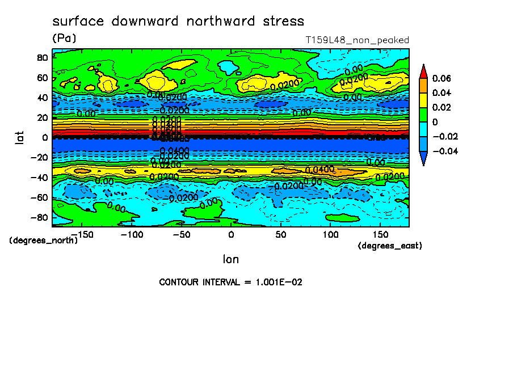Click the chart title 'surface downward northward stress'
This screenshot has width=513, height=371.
coord(178,22)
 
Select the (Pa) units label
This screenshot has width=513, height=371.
coord(64,39)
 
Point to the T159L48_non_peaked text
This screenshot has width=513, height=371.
coord(357,40)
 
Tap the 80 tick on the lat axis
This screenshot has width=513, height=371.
coord(41,57)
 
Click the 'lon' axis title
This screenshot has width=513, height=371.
coord(230,259)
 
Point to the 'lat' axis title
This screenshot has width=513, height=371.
coord(20,137)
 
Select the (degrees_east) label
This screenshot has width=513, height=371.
coord(390,246)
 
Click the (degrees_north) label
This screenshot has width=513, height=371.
coord(43,240)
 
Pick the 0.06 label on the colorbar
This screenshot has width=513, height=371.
coord(441,78)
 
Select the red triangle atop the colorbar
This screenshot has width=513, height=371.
coord(423,71)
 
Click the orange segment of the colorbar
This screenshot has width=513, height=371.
coord(423,85)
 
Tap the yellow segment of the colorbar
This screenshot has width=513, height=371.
coord(423,100)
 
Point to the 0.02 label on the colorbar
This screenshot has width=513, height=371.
coord(441,107)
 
